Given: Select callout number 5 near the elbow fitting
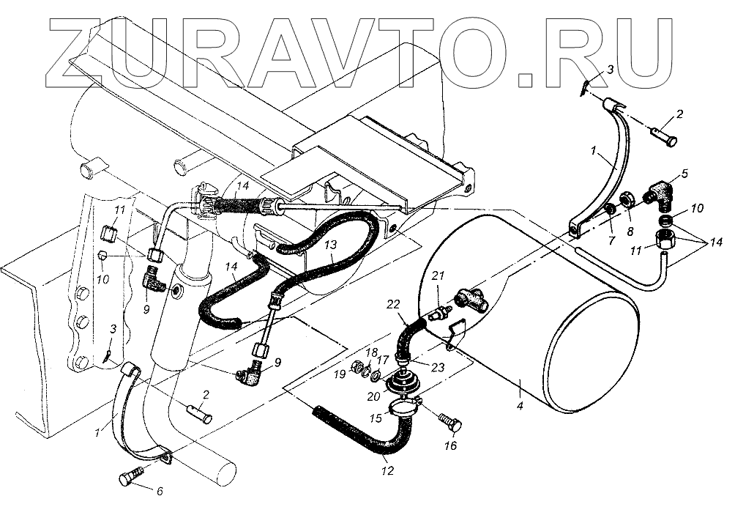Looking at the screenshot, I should click(684, 174).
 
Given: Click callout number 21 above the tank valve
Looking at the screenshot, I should click(438, 275).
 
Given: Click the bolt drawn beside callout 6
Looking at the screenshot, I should click(127, 478).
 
